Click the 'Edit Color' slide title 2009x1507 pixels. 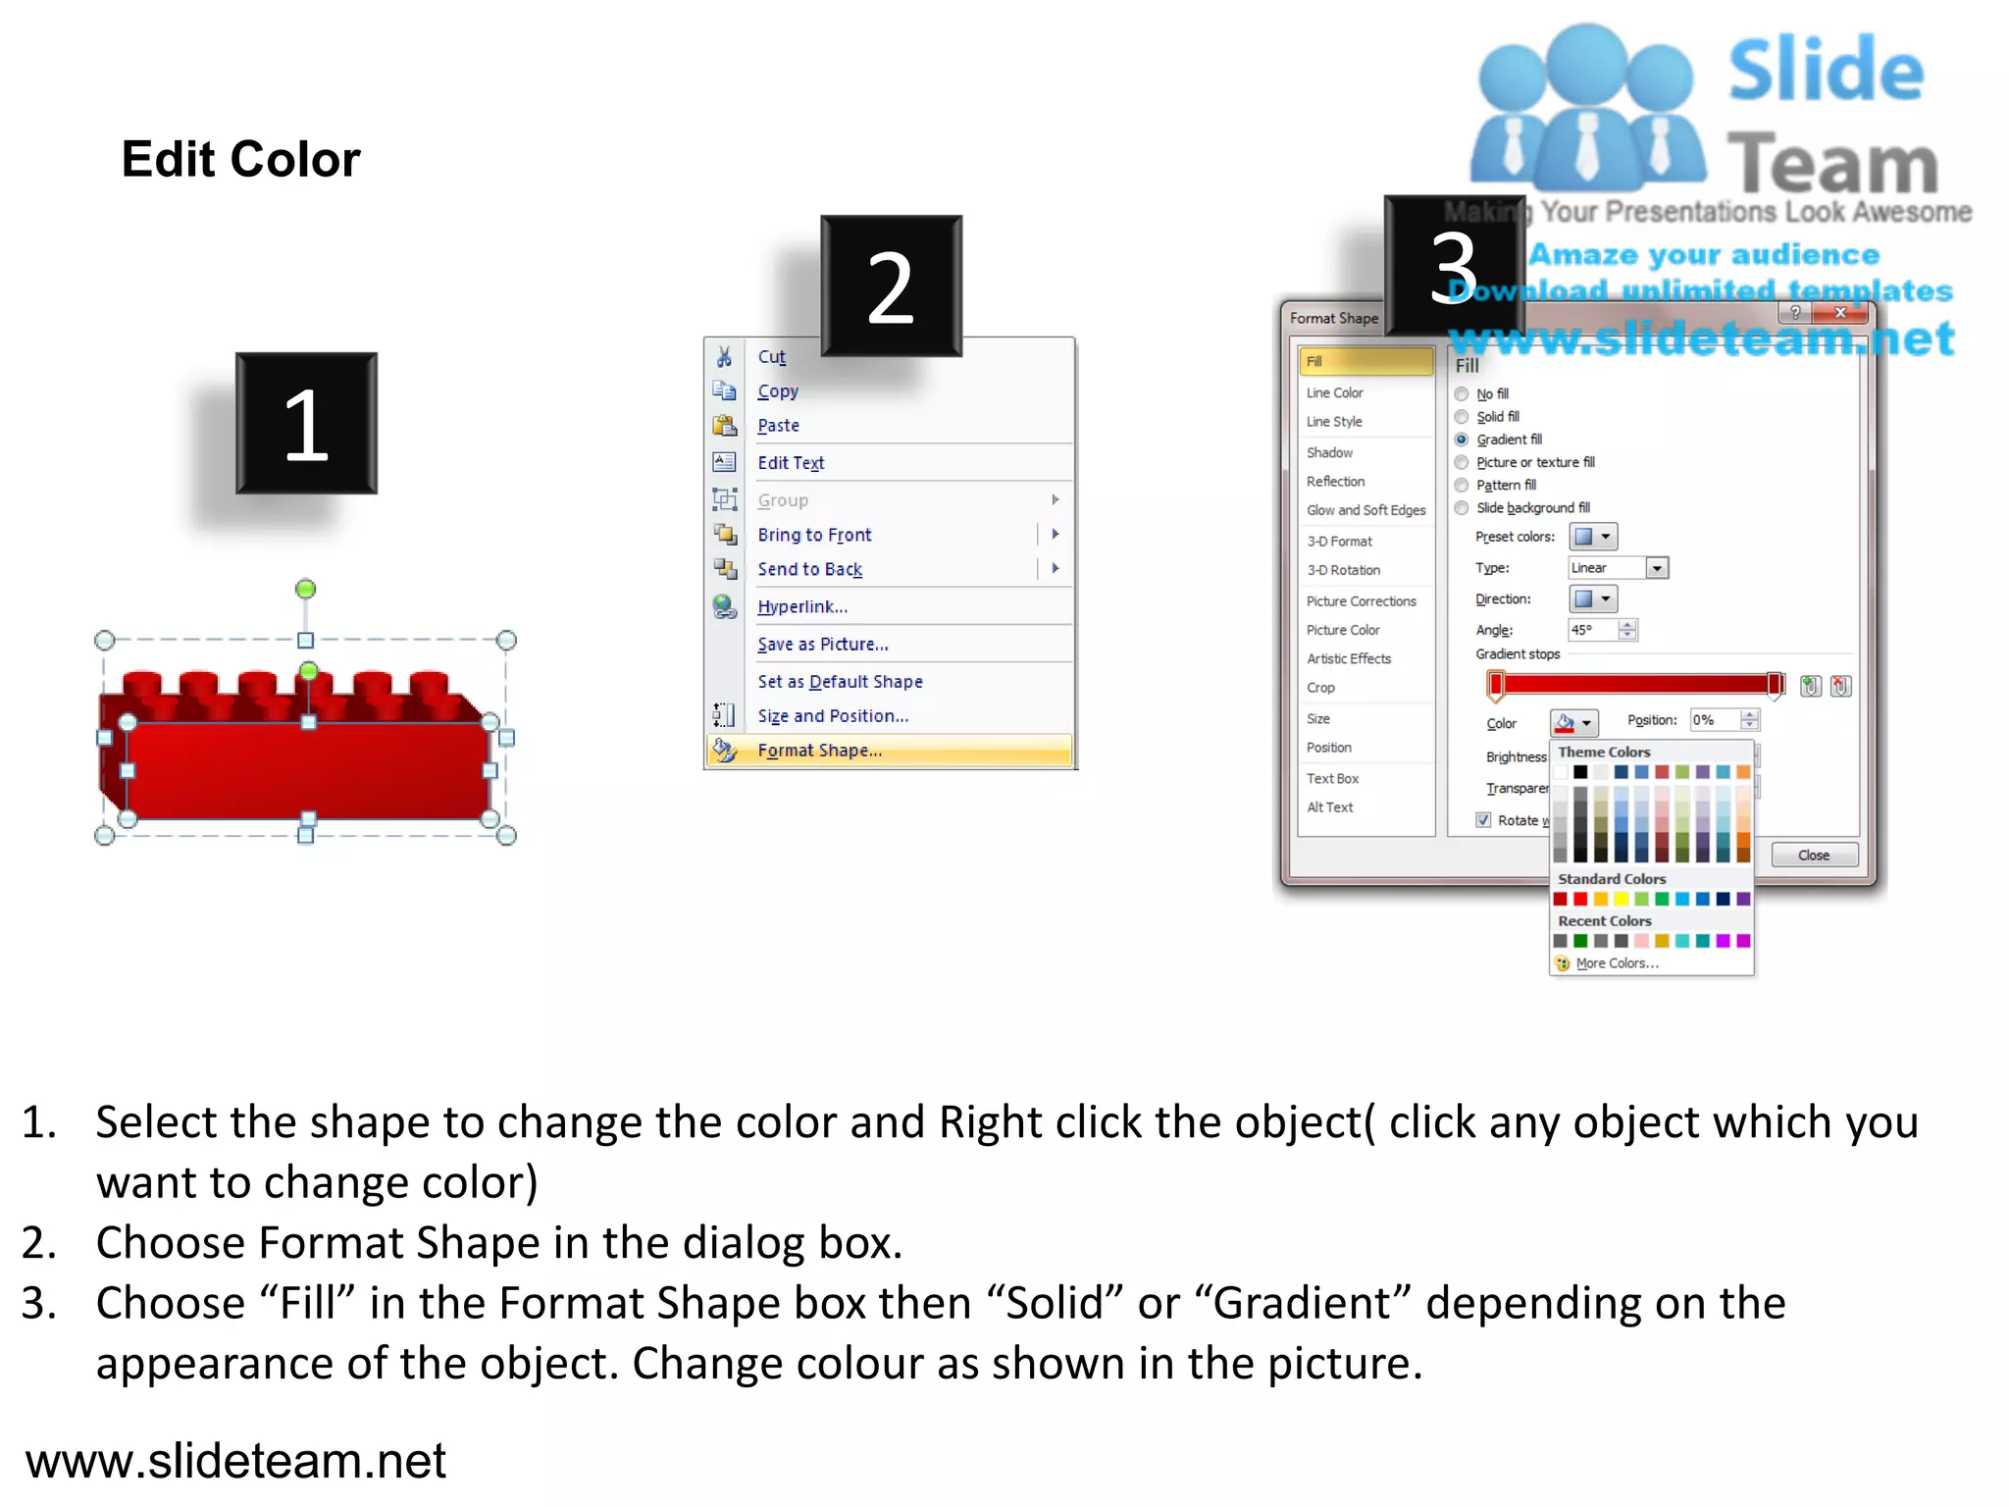click(240, 159)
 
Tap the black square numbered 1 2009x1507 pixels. click(306, 423)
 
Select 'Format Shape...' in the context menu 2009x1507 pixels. click(819, 751)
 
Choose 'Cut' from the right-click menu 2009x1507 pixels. click(771, 357)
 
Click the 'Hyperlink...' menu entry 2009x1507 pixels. click(801, 606)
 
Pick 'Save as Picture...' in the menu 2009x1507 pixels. click(822, 645)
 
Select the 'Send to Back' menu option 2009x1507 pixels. click(809, 569)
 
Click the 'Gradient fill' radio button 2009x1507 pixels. click(1462, 440)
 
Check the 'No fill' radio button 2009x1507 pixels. click(1462, 394)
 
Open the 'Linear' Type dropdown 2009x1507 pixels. click(1657, 568)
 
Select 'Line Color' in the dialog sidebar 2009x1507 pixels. click(1334, 392)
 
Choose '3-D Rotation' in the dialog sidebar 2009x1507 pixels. click(1343, 570)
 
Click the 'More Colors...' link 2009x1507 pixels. click(1617, 963)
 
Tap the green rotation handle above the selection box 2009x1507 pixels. click(305, 589)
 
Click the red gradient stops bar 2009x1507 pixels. click(1635, 685)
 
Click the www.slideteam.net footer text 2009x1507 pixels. click(235, 1461)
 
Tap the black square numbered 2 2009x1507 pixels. click(891, 286)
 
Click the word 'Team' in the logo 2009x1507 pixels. click(1831, 164)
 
